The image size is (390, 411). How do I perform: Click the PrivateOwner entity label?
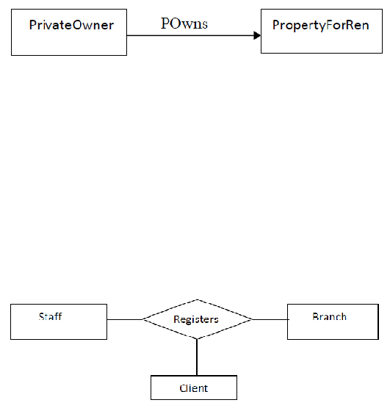(x=71, y=25)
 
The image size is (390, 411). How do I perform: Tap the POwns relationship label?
(x=184, y=23)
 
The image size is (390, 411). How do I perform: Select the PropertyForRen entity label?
(x=321, y=26)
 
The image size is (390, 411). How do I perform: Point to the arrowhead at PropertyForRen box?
(x=257, y=35)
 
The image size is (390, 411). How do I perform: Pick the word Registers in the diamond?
(x=196, y=319)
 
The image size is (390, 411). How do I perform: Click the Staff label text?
(x=51, y=316)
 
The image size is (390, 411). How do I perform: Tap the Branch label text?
(x=330, y=316)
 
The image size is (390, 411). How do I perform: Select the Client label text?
(x=194, y=388)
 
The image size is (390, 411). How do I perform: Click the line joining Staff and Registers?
(x=125, y=319)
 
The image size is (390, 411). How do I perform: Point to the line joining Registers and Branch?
(x=270, y=319)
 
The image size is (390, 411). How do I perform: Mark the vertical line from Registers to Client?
(x=197, y=357)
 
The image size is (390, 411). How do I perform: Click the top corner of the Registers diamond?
(x=198, y=299)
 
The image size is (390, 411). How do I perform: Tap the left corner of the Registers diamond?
(x=142, y=319)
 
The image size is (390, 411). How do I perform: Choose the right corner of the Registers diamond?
(x=253, y=319)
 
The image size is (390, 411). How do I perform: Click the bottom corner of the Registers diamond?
(x=197, y=339)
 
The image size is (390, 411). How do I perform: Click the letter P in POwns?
(x=165, y=23)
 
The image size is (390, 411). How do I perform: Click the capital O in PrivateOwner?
(x=77, y=25)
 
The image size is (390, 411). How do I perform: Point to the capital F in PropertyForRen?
(x=331, y=25)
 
